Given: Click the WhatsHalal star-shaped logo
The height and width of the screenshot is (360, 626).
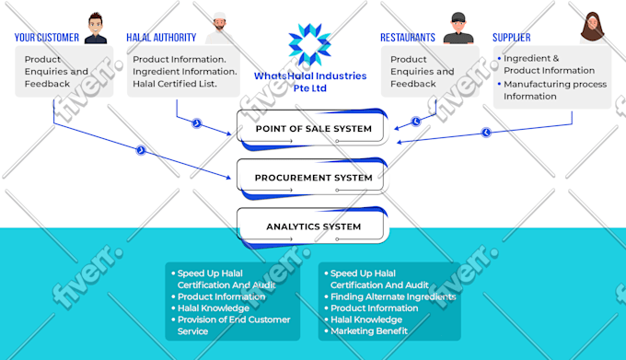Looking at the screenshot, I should [309, 44].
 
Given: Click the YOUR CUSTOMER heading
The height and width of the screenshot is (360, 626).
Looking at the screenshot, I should [47, 38].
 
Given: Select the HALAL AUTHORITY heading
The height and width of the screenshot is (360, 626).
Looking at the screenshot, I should [161, 38].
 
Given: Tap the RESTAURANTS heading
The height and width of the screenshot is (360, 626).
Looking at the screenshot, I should [408, 38].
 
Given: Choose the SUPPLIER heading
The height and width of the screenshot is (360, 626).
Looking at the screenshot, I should [511, 38].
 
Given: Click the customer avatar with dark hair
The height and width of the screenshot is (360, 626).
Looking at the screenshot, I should [96, 28].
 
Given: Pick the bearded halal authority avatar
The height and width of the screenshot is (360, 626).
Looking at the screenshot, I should [216, 28].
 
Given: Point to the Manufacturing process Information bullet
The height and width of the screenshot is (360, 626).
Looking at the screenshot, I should [555, 90].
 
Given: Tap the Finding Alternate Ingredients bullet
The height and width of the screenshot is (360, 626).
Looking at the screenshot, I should [393, 296].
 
